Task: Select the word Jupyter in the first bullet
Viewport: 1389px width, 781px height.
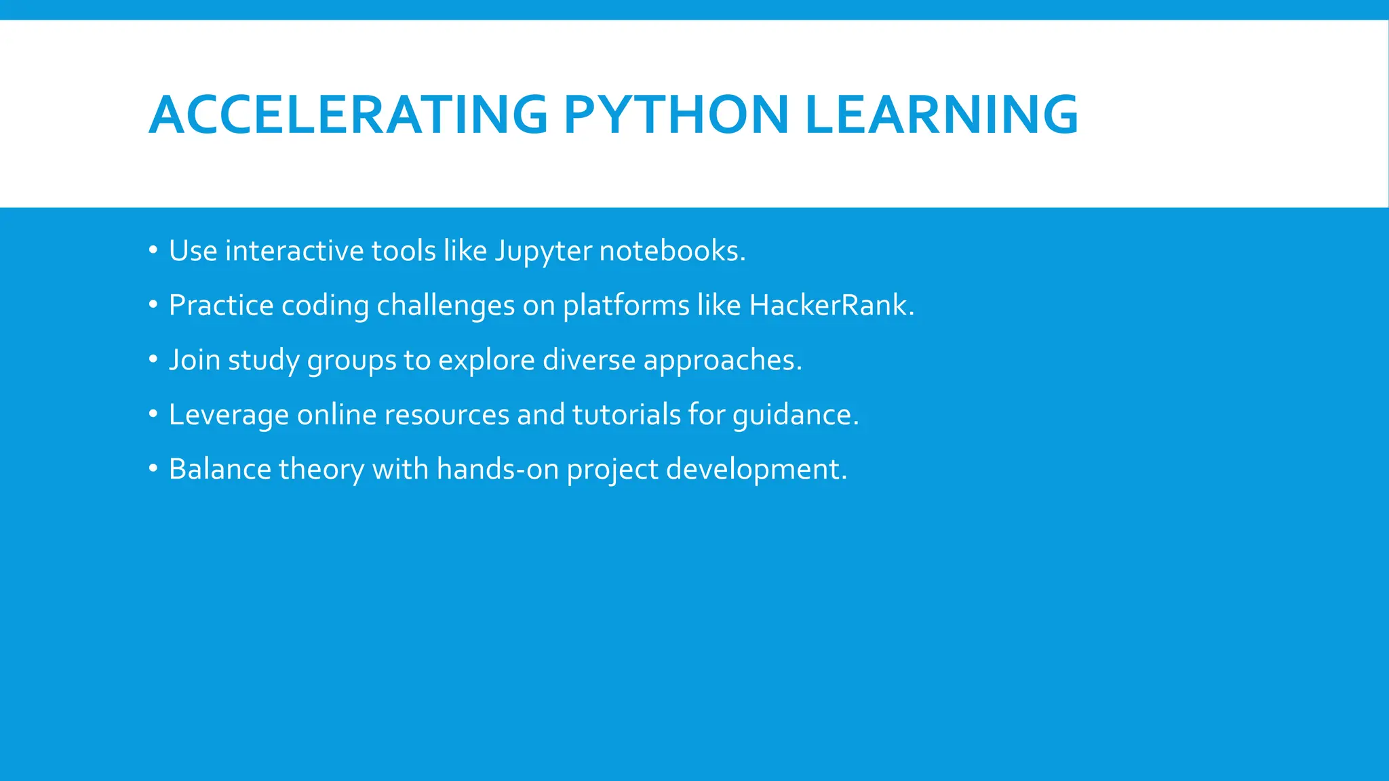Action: point(543,252)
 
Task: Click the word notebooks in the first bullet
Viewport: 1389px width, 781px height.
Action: point(672,251)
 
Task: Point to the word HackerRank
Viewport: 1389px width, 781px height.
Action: point(832,305)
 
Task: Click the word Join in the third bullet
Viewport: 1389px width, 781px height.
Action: point(195,360)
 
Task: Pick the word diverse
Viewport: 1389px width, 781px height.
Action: point(589,360)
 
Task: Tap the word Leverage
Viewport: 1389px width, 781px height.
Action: point(229,415)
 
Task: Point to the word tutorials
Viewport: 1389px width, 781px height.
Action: point(626,414)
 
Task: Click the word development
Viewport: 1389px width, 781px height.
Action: point(756,470)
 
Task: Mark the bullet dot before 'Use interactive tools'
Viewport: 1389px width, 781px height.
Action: point(153,251)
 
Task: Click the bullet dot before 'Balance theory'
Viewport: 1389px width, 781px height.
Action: point(153,468)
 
